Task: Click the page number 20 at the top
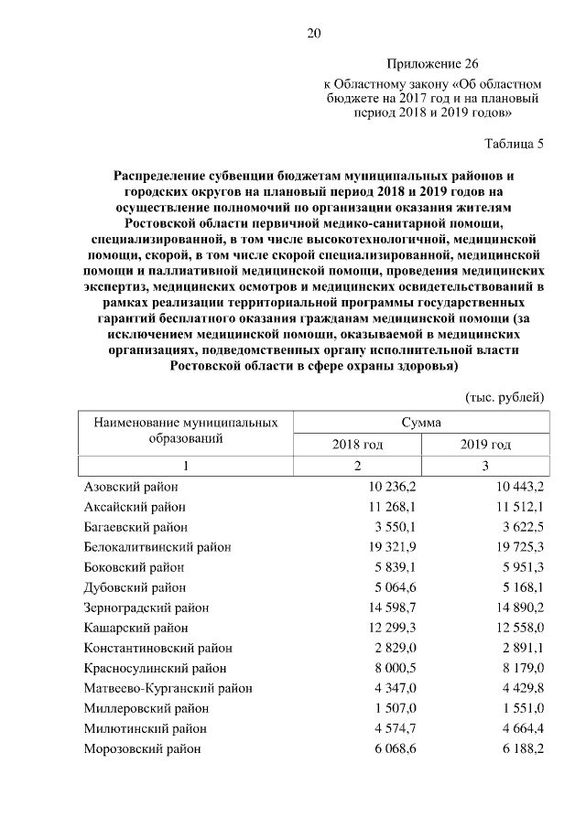tap(312, 34)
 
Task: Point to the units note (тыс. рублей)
tap(506, 396)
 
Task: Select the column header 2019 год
tap(485, 444)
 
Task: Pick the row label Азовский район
tap(131, 487)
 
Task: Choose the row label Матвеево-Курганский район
tap(168, 688)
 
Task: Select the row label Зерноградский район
tap(146, 608)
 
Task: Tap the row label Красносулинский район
tap(151, 668)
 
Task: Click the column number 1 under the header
tap(185, 466)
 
